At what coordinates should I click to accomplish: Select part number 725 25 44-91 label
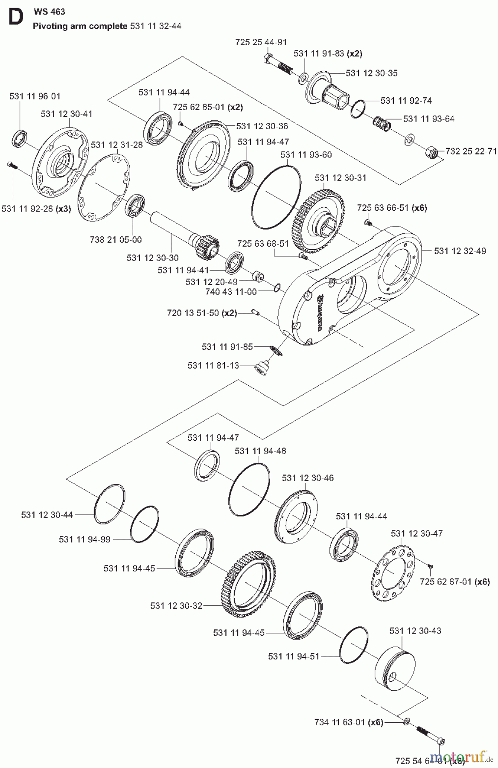(261, 42)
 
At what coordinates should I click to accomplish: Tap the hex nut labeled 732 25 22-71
(431, 151)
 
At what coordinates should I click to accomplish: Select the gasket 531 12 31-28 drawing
(99, 188)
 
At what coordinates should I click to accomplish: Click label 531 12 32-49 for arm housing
(460, 251)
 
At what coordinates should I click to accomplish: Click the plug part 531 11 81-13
(261, 368)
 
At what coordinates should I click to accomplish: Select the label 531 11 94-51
(294, 656)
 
